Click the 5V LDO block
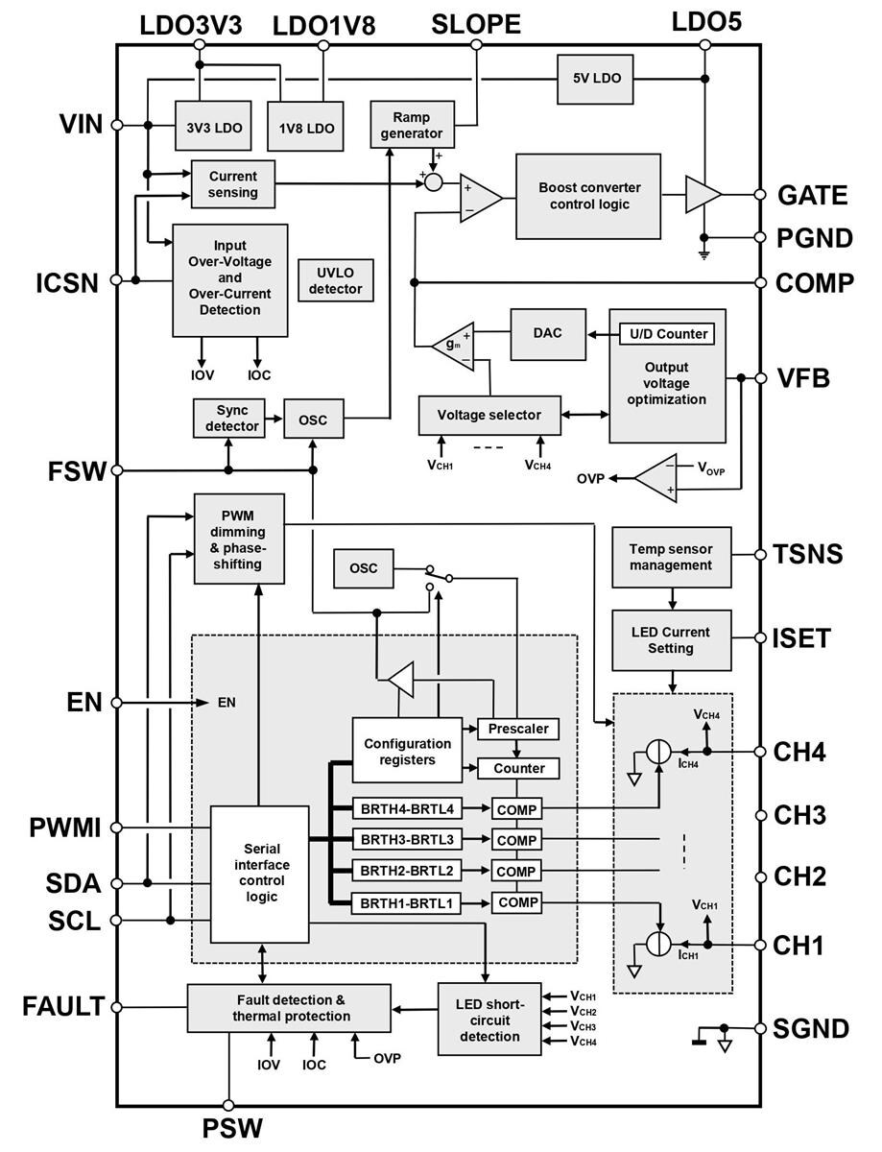click(595, 79)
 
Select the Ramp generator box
click(412, 125)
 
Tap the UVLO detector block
click(335, 280)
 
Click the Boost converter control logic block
click(588, 196)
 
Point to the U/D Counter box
click(669, 333)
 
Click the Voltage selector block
click(489, 415)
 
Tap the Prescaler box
click(517, 729)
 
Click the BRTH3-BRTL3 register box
click(406, 840)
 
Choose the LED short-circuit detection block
click(489, 1019)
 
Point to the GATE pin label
click(812, 196)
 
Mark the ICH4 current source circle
click(658, 753)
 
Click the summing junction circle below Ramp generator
click(434, 181)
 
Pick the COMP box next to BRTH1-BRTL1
click(517, 902)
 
